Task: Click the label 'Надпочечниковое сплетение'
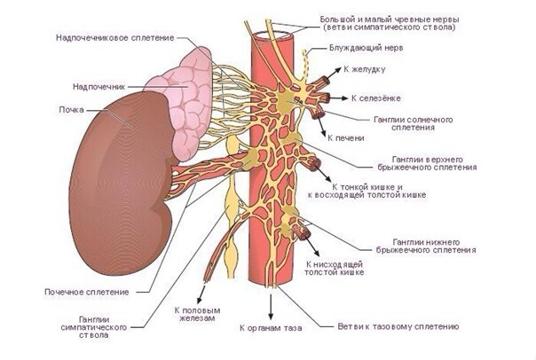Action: click(115, 37)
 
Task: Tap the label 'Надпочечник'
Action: click(99, 87)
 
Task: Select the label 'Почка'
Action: click(72, 110)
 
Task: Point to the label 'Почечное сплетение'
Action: click(87, 292)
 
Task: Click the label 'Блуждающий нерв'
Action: click(367, 48)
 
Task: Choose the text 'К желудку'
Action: click(365, 69)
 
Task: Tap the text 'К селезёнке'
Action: click(376, 98)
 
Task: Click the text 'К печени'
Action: click(346, 138)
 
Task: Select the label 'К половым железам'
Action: click(197, 314)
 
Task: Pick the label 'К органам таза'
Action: click(271, 328)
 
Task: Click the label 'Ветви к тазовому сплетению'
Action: click(398, 326)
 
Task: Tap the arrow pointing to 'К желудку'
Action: click(334, 73)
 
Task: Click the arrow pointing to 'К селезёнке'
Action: click(338, 98)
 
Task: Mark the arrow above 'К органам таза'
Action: click(271, 307)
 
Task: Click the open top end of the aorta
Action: click(271, 35)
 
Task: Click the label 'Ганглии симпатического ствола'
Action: click(94, 327)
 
